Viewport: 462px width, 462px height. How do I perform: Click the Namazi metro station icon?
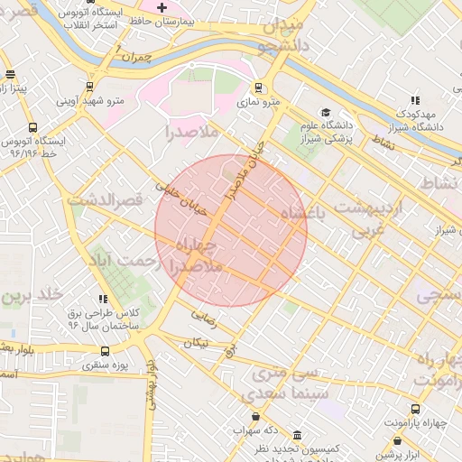(x=259, y=88)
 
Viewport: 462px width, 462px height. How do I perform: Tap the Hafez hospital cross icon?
(x=162, y=7)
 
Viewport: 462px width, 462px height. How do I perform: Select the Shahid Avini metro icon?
(x=89, y=88)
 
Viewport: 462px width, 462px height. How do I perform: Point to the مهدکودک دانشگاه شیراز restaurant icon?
(x=414, y=101)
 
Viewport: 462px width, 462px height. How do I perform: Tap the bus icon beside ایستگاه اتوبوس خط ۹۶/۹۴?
(x=32, y=128)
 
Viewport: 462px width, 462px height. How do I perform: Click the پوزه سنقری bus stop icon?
(x=106, y=351)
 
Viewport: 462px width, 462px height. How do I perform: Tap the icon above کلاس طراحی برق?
(x=104, y=298)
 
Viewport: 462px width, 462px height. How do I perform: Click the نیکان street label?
(x=197, y=342)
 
